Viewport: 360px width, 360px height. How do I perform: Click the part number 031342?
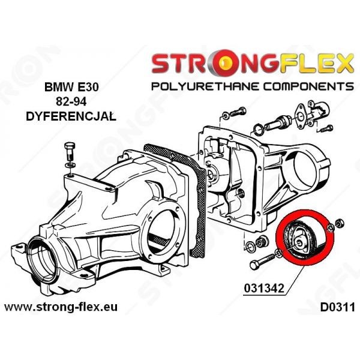[x=264, y=288]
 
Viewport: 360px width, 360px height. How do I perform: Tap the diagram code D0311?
[x=337, y=307]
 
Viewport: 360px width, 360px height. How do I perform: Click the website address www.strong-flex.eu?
[x=61, y=307]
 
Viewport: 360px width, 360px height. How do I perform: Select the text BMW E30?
[x=71, y=87]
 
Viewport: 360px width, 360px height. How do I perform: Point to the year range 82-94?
[x=71, y=102]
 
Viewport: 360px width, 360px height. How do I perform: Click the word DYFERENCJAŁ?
[x=71, y=116]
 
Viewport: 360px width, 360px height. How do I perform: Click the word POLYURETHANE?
[x=205, y=86]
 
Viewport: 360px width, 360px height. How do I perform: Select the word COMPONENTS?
[x=308, y=86]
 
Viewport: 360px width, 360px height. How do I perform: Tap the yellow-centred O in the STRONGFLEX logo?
[x=226, y=62]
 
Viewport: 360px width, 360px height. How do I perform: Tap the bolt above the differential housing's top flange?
[x=70, y=152]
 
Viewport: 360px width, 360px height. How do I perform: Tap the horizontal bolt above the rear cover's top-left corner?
[x=235, y=113]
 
